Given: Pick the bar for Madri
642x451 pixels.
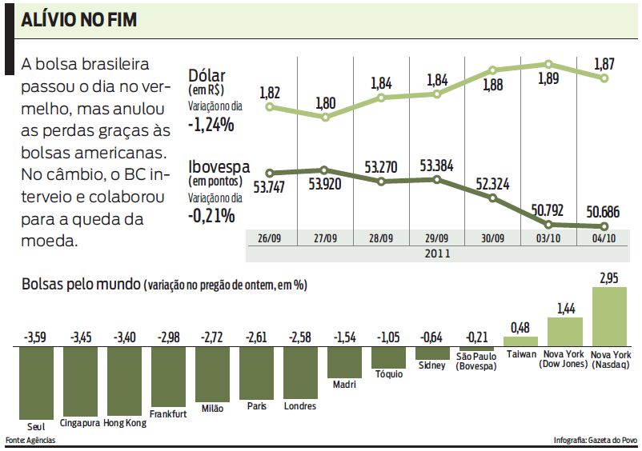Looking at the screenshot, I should pyautogui.click(x=343, y=361).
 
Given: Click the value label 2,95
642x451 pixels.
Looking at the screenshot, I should pyautogui.click(x=608, y=277).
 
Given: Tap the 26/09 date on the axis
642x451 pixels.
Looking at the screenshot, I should pyautogui.click(x=269, y=238).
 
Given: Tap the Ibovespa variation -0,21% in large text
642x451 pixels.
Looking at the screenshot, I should pyautogui.click(x=211, y=215).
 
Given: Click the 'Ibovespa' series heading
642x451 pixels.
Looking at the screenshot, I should pyautogui.click(x=218, y=167).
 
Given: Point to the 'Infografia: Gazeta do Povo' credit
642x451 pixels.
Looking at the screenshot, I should pyautogui.click(x=595, y=441).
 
